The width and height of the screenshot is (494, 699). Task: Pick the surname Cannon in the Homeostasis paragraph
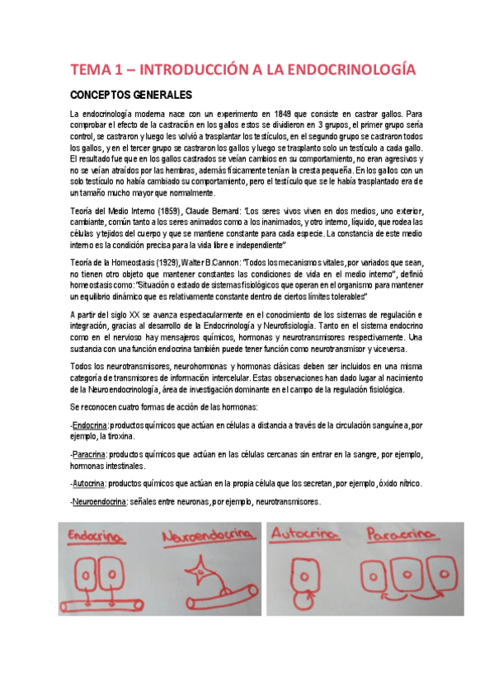tap(219, 261)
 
